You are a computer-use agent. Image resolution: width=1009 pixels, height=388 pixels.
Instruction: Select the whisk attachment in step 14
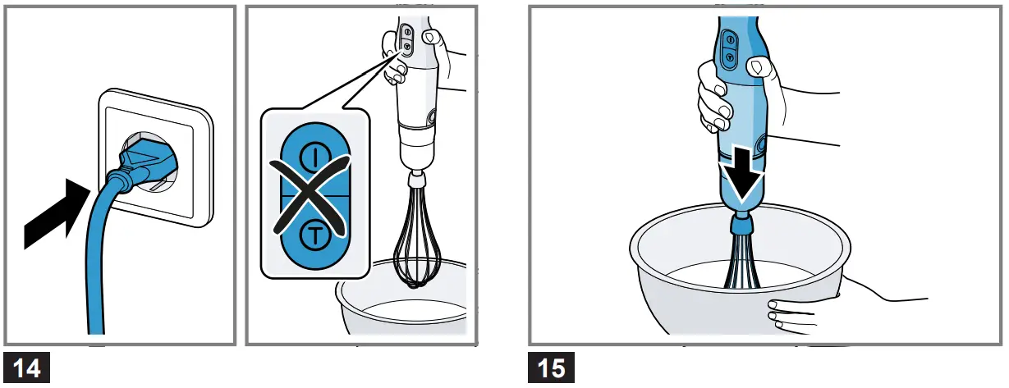[x=416, y=238]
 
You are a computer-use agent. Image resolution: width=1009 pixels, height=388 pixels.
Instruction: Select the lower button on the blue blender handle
[x=727, y=56]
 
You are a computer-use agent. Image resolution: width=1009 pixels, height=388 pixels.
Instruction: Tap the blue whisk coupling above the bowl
[x=741, y=223]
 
